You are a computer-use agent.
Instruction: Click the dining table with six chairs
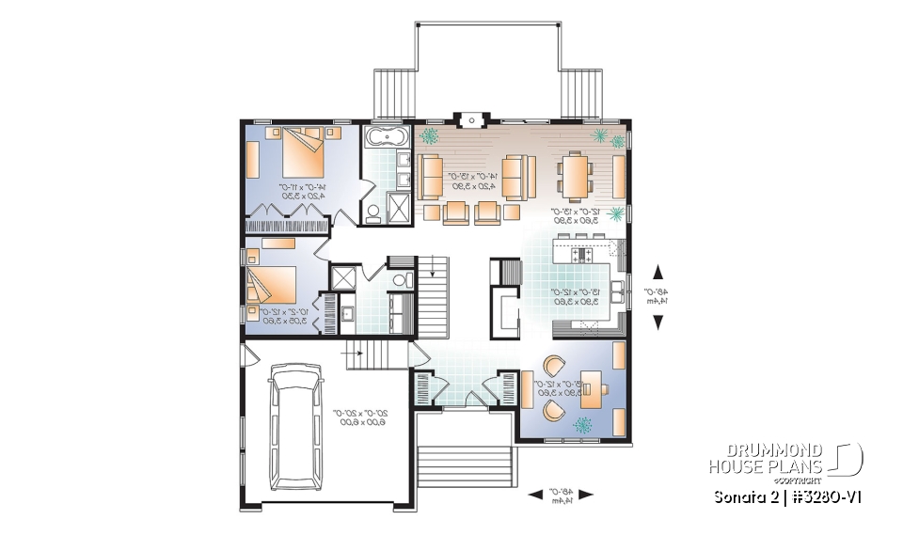pos(575,173)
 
